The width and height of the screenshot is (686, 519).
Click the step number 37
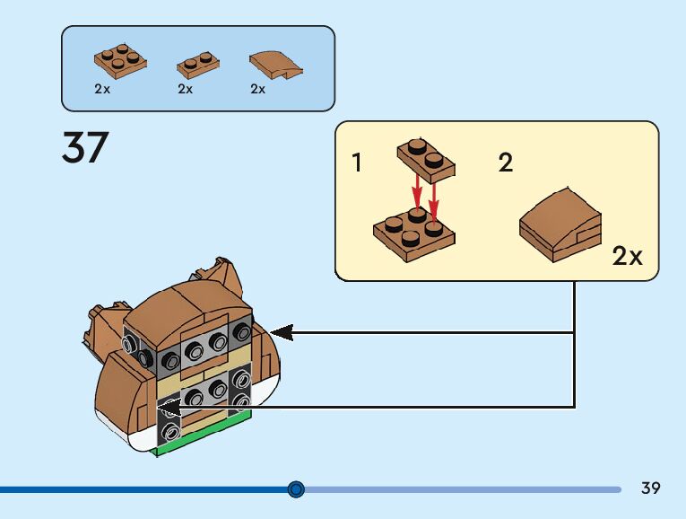[84, 148]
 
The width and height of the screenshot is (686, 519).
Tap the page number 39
[651, 488]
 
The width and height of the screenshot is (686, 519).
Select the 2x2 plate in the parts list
[120, 59]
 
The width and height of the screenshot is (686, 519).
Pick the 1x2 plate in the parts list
[198, 64]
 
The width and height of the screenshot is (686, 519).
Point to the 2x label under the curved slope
[258, 89]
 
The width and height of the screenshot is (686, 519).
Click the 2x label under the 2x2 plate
[101, 89]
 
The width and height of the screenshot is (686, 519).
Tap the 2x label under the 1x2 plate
[186, 89]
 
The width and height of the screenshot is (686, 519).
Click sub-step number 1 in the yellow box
[357, 163]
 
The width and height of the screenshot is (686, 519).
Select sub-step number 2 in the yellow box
[506, 163]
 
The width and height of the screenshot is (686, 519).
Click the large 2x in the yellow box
[628, 256]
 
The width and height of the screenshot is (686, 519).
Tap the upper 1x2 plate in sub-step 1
[425, 159]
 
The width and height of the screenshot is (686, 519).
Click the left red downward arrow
[417, 191]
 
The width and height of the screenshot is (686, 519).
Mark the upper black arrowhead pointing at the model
[282, 332]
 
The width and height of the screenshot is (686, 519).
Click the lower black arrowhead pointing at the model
[170, 409]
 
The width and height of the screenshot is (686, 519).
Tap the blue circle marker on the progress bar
[297, 489]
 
